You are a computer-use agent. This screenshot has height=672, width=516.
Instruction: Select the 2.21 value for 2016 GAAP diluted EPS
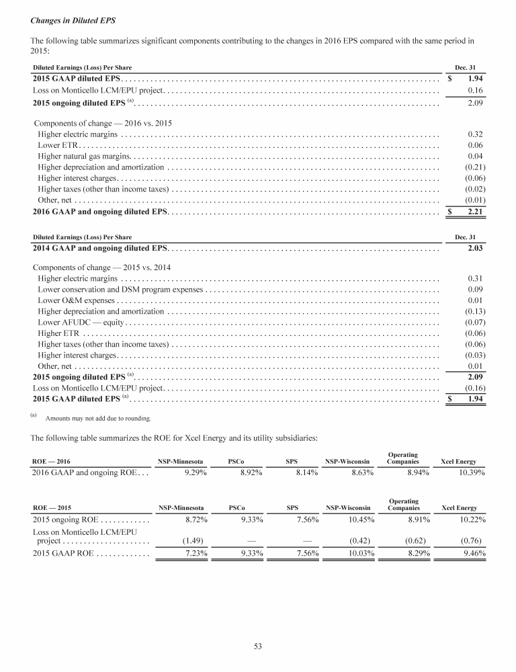tap(476, 212)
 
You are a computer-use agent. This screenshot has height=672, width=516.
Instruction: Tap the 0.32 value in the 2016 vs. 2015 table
tap(476, 134)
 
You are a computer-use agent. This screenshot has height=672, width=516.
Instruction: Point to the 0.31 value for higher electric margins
tap(476, 278)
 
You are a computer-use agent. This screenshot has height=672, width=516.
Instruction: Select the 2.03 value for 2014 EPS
tap(476, 248)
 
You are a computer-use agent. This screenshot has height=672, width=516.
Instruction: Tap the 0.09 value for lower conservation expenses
tap(476, 289)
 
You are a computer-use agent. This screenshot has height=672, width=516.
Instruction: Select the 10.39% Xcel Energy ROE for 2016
tap(468, 473)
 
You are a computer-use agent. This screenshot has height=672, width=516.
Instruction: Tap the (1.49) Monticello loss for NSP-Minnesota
tap(195, 540)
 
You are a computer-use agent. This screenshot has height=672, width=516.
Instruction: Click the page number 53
tap(257, 646)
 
